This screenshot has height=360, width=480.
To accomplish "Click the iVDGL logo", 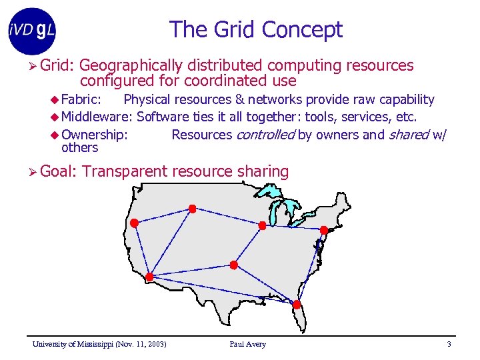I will coord(32,31).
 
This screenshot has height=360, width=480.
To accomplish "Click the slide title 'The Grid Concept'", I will coord(256,29).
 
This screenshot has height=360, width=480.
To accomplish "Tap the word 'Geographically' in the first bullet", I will coord(132,65).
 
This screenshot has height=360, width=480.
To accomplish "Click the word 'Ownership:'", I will coord(94,135).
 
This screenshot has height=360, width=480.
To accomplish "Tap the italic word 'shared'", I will coord(407,135).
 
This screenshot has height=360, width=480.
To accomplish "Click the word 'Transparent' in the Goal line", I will coord(125,171).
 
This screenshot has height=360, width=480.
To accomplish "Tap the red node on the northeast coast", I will coord(323,230).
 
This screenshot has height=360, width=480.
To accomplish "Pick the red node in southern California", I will coord(149,277).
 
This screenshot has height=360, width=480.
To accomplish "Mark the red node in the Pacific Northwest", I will coord(133,223).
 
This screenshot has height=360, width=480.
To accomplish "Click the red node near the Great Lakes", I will coord(262,226).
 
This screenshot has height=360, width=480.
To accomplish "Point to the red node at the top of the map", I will coord(193,209).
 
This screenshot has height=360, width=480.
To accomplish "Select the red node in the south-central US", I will coord(233,265).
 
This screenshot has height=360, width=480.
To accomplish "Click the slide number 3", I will coord(449,344).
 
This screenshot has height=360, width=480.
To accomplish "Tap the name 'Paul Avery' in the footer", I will coord(247,344).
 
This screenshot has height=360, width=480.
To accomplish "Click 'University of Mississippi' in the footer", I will coord(73,344).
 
